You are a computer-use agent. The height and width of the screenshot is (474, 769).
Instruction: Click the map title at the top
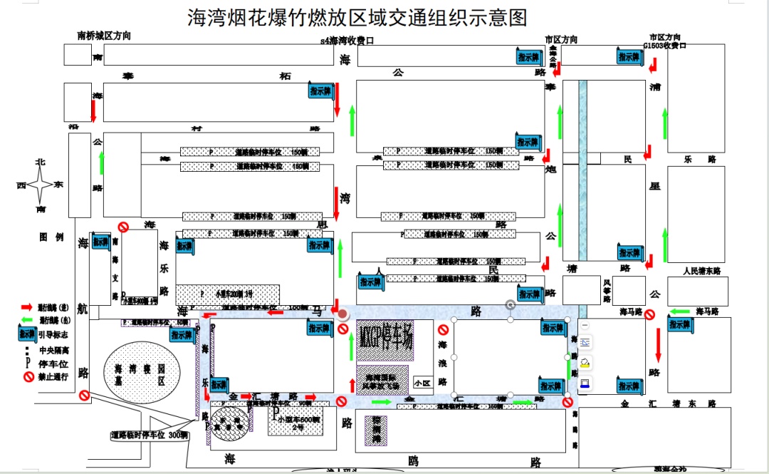tap(358, 16)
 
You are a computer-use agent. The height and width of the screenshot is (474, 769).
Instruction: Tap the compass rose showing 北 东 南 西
tap(41, 185)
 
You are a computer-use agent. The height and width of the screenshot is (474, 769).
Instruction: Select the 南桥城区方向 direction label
tap(104, 36)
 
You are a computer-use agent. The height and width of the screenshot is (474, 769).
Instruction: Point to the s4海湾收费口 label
tap(347, 41)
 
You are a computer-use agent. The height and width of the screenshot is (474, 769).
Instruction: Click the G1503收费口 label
tap(664, 45)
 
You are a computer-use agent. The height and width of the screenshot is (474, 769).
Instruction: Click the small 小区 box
tap(422, 383)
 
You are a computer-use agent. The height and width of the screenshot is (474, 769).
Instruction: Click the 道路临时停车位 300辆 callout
tap(149, 434)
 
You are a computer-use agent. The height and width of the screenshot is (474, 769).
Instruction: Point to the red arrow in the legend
tap(28, 307)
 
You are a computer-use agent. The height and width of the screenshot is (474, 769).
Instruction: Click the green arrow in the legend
tap(28, 320)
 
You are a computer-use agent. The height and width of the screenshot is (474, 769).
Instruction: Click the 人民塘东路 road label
tap(701, 271)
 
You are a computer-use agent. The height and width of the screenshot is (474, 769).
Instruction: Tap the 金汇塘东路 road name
tap(667, 403)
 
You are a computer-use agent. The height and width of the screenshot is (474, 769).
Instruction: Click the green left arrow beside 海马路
tap(679, 311)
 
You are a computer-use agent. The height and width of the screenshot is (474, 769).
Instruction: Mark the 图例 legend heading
tap(51, 237)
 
